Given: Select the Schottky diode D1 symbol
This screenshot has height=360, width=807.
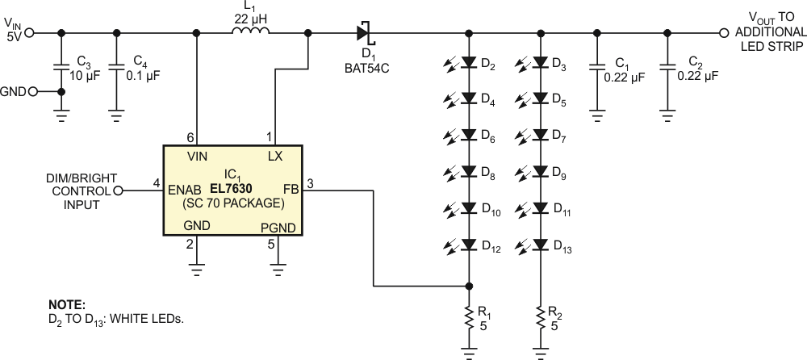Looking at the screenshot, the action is point(364,33).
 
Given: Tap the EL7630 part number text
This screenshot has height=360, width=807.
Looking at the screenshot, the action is point(231,189).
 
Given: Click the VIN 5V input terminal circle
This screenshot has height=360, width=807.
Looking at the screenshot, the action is point(30,33).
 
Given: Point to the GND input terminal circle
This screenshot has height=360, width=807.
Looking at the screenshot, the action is point(33,92).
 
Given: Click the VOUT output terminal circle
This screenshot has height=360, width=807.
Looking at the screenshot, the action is point(724,33).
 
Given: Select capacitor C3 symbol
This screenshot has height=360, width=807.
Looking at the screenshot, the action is point(61,67).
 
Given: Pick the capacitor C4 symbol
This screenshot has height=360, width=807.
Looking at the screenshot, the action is point(116,67).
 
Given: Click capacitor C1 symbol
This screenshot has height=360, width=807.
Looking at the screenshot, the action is point(597,67).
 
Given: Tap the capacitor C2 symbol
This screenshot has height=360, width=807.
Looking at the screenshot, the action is point(667,67).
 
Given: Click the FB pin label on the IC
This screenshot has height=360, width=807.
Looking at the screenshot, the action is point(291,189).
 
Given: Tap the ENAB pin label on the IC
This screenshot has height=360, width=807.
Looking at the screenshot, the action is point(185,190).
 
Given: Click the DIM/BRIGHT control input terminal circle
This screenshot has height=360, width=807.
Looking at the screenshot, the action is point(118,191).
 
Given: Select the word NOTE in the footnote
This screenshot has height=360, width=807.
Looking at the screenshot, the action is point(67,305).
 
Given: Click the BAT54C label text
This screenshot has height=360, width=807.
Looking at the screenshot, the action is point(367,68).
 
